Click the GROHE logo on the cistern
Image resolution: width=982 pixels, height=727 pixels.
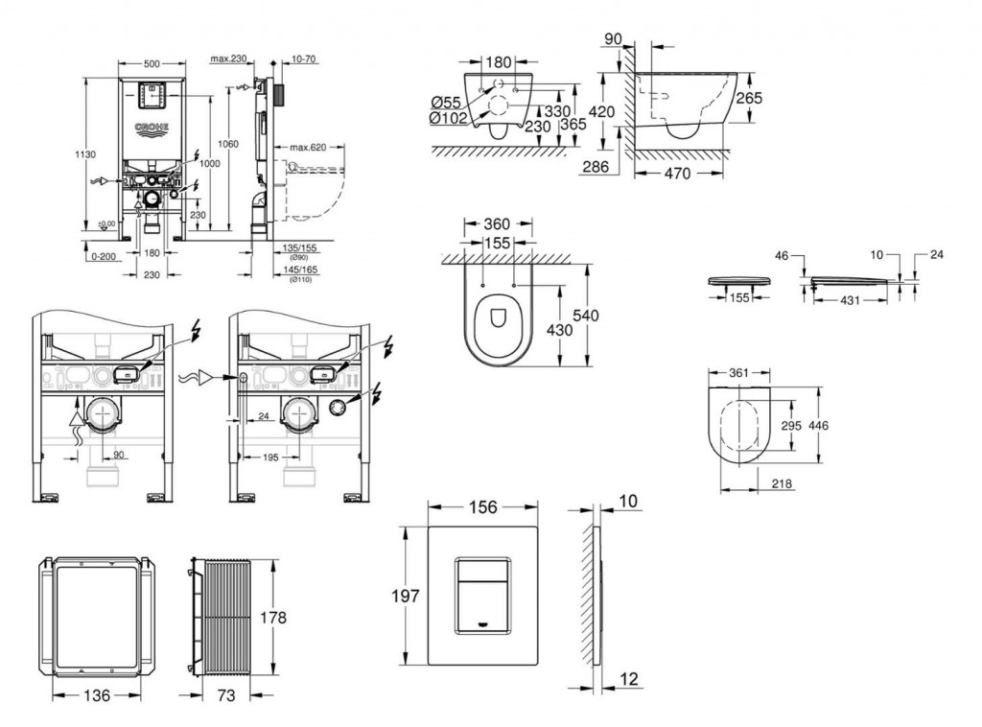(152, 128)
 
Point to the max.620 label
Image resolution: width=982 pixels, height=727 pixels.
(307, 147)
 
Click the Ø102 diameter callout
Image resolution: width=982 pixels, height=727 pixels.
(448, 119)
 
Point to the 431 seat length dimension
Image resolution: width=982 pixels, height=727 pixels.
(843, 300)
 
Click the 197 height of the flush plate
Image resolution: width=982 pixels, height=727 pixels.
(407, 596)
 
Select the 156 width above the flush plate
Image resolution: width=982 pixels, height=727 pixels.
(482, 509)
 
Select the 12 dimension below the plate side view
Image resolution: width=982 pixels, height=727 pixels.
(627, 680)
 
